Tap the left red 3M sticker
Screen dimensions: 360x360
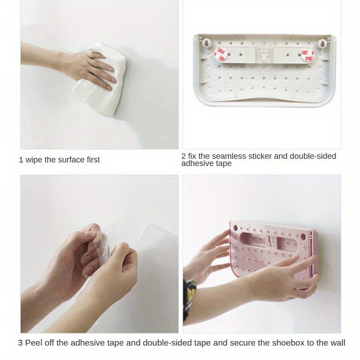220,54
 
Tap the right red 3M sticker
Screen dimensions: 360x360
308,55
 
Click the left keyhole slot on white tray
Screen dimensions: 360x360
207,44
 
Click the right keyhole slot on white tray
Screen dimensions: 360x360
322,44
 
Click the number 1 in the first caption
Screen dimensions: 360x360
21,160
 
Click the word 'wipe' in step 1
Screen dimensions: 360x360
34,160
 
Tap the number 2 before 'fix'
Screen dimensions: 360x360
184,156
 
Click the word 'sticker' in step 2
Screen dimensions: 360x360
260,156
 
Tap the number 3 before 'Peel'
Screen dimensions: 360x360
20,343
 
